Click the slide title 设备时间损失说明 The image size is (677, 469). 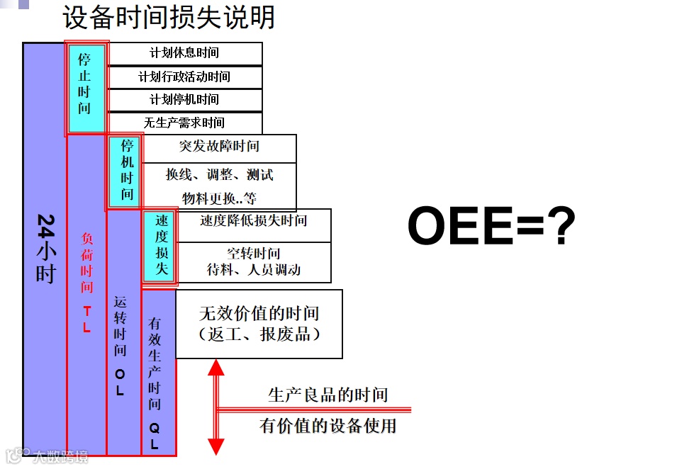(x=169, y=17)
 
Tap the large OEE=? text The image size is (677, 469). (x=491, y=227)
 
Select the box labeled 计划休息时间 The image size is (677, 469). (x=184, y=53)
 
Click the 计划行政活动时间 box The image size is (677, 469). (x=184, y=77)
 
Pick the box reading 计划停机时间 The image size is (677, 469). (x=184, y=100)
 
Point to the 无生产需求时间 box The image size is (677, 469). (x=184, y=123)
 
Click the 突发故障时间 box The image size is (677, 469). (x=219, y=147)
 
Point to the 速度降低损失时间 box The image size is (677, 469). (x=253, y=221)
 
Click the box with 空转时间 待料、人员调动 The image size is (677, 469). (x=253, y=261)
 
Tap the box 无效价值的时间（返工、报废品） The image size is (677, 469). (x=259, y=323)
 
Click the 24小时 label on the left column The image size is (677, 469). (x=45, y=248)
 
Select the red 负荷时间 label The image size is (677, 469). (x=86, y=273)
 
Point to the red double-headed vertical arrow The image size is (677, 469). (x=216, y=407)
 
